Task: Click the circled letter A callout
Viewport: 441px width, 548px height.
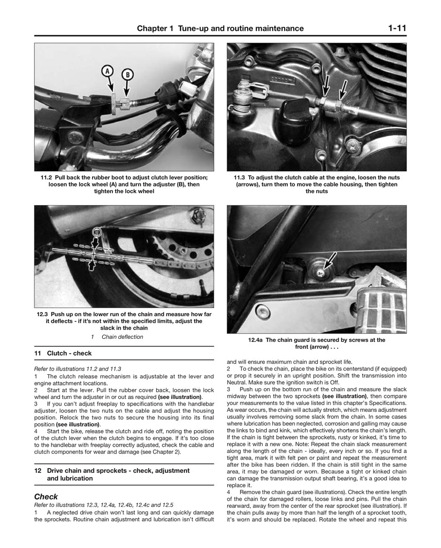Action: (107, 71)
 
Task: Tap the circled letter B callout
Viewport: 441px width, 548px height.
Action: (126, 75)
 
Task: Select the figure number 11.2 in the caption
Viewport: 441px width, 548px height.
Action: (46, 177)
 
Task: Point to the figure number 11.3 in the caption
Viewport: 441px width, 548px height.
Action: (240, 177)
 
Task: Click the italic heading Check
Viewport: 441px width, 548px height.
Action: (46, 497)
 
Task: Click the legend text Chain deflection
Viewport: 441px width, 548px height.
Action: (122, 337)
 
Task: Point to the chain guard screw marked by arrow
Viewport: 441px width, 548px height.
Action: (320, 271)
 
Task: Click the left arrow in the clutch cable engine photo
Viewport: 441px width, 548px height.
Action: (323, 85)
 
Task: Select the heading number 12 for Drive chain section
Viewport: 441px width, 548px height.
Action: (38, 470)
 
